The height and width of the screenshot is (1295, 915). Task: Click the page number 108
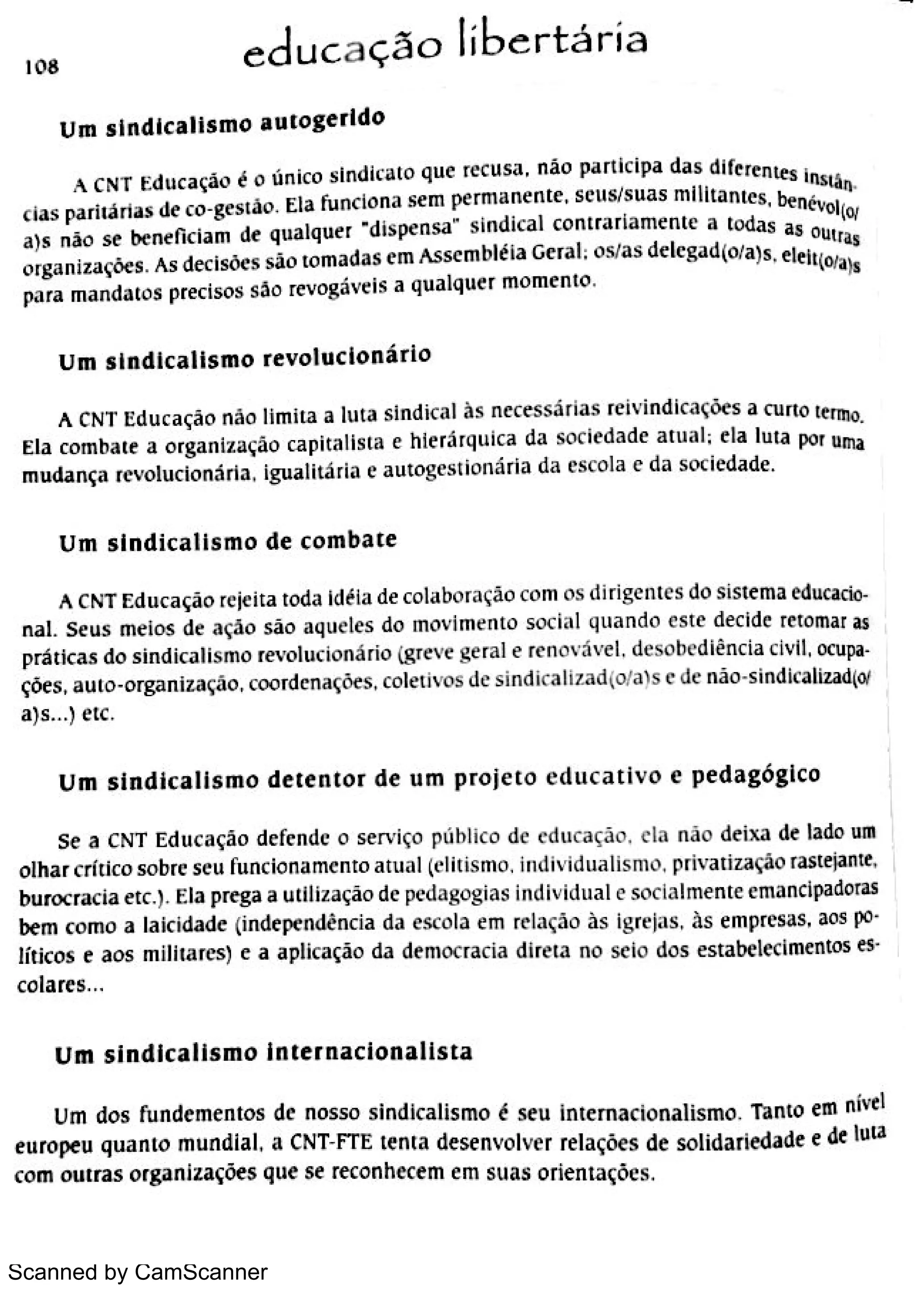click(x=41, y=67)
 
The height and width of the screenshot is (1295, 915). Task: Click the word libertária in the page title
click(x=553, y=41)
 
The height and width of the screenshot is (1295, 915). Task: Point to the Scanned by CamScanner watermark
click(x=138, y=1272)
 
